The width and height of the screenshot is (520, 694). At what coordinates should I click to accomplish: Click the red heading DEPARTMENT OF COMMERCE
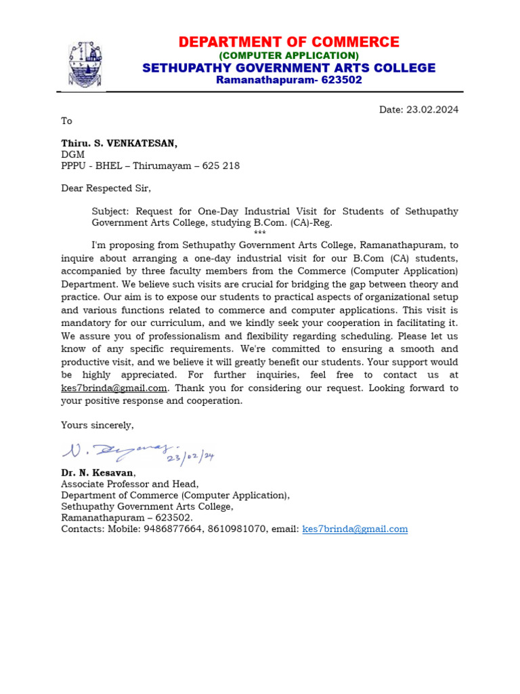click(289, 42)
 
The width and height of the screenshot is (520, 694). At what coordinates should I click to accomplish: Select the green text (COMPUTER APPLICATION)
click(289, 55)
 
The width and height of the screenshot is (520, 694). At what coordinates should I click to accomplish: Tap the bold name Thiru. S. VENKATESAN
click(119, 143)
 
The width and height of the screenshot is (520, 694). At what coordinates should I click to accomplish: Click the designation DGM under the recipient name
click(72, 155)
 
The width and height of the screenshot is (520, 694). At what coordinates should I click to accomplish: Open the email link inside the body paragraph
click(114, 388)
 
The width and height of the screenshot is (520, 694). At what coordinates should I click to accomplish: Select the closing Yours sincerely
click(97, 424)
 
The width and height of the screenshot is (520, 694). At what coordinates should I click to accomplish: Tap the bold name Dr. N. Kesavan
click(97, 472)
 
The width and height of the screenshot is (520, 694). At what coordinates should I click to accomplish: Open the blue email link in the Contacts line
click(355, 529)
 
